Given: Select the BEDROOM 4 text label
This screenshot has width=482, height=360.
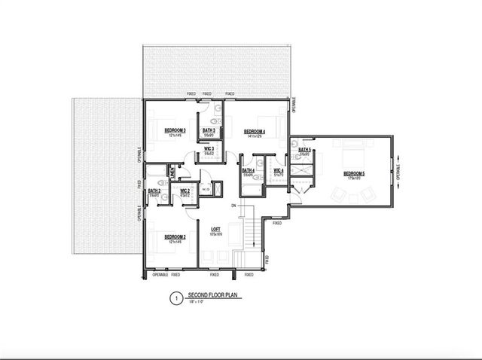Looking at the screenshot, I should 255,131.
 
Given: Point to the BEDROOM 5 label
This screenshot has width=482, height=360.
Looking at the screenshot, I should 354,173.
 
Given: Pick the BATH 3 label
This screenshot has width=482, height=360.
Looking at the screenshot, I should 209,131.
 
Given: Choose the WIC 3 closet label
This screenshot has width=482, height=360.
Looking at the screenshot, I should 209,149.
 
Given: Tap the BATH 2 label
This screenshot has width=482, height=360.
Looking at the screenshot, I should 154,191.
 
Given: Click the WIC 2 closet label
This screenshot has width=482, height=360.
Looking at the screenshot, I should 185,191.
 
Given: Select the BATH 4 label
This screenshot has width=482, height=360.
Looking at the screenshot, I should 248,170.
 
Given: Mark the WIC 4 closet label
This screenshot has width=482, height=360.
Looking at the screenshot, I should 278,170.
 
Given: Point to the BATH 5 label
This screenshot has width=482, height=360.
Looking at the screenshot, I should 304,150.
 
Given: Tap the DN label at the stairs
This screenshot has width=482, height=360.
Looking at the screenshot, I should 234,206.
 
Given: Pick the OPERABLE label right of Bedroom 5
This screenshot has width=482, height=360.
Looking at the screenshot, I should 398,167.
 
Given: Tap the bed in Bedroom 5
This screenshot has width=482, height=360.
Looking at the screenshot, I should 351,154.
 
